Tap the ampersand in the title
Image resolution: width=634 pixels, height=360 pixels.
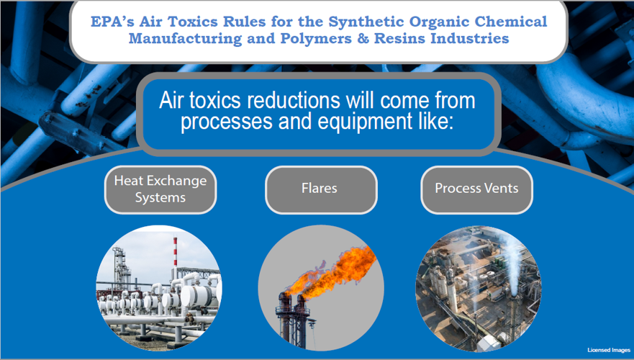point(363,38)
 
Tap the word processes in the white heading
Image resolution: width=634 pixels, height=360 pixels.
point(227,122)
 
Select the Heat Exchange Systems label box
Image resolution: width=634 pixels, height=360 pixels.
point(160,189)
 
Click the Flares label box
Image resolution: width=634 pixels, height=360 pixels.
point(321,189)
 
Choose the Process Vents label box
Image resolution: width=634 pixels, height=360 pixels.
point(476,189)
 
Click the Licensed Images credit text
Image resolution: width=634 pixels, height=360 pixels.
point(609,350)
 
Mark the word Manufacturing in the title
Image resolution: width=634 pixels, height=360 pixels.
point(185,39)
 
